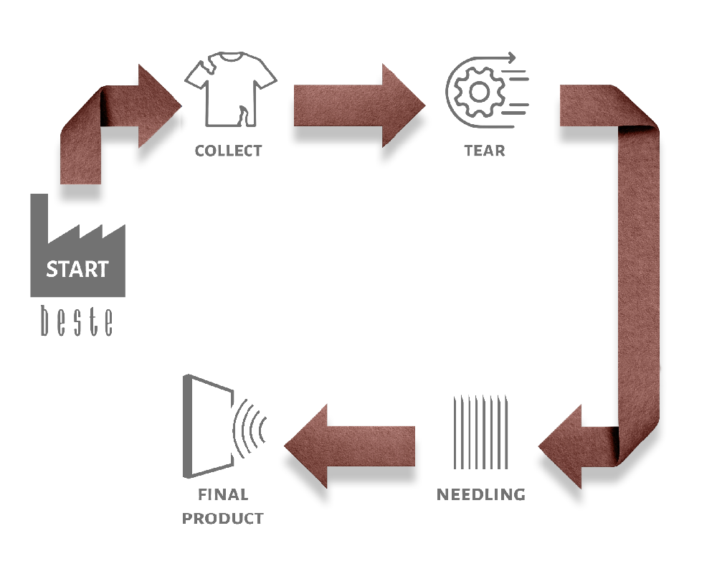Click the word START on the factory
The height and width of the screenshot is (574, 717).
pyautogui.click(x=77, y=269)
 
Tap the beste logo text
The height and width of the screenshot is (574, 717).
pyautogui.click(x=77, y=321)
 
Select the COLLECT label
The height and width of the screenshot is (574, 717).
pyautogui.click(x=228, y=151)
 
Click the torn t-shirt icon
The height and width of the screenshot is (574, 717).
pyautogui.click(x=230, y=89)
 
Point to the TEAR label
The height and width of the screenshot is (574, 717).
pyautogui.click(x=485, y=151)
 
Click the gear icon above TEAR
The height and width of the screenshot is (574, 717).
pyautogui.click(x=479, y=92)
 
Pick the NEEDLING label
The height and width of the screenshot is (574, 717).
pyautogui.click(x=481, y=494)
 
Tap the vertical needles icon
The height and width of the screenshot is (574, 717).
pyautogui.click(x=480, y=432)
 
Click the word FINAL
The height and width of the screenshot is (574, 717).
pyautogui.click(x=223, y=494)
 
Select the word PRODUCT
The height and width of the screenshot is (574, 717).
pyautogui.click(x=223, y=518)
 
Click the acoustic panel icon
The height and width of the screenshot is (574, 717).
pyautogui.click(x=208, y=426)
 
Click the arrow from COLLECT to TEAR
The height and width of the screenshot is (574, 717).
pyautogui.click(x=359, y=105)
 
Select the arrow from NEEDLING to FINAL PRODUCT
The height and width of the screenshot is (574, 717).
pyautogui.click(x=350, y=446)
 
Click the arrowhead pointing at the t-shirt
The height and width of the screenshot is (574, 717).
pyautogui.click(x=160, y=105)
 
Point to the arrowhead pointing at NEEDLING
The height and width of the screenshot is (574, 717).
pyautogui.click(x=561, y=447)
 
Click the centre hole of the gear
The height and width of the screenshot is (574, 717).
pyautogui.click(x=479, y=92)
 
